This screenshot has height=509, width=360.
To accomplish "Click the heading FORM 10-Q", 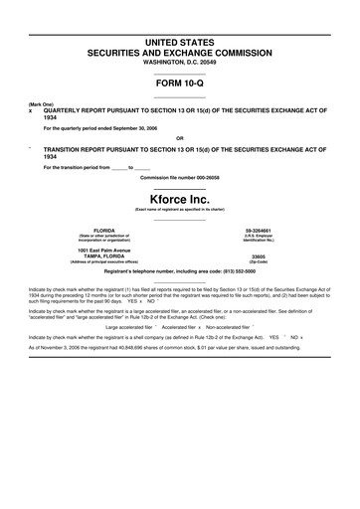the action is coord(180,84).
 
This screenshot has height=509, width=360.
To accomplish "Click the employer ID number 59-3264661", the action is coord(259,230).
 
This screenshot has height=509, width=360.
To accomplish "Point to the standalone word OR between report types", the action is coord(180,137).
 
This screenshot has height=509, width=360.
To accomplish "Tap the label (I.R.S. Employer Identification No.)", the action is coord(259,238).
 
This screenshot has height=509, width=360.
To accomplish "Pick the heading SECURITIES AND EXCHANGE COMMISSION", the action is coord(180,48).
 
